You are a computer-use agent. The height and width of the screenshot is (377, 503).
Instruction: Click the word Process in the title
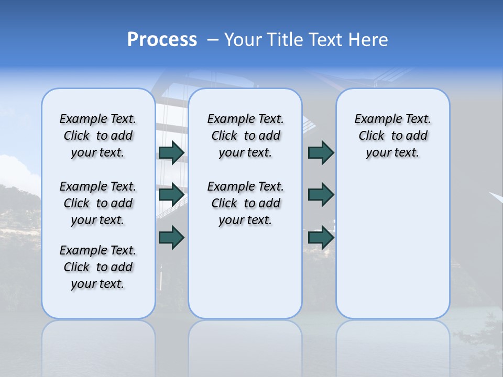tap(162, 39)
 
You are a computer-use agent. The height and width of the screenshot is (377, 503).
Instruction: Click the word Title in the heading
tap(286, 40)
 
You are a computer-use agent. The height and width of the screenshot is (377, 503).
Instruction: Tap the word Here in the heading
tap(367, 40)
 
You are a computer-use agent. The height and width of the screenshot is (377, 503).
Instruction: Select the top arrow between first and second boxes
tap(171, 152)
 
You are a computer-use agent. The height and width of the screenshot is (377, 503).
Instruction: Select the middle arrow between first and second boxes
tap(171, 195)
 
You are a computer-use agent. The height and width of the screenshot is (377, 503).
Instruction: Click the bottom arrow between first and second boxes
tap(171, 238)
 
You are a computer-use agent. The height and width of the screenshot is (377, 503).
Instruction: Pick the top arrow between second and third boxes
tap(321, 152)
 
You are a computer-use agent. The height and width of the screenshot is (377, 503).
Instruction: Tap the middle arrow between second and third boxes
tap(321, 195)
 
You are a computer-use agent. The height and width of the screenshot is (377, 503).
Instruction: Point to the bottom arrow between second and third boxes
tap(321, 238)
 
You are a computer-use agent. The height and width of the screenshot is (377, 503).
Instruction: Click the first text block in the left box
tap(98, 136)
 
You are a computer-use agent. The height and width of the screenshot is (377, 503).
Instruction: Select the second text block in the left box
tap(98, 203)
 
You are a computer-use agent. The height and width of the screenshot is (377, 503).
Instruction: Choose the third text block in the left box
tap(98, 267)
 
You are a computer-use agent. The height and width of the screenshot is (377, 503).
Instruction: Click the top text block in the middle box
tap(245, 136)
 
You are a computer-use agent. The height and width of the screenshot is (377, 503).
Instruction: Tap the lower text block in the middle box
tap(245, 203)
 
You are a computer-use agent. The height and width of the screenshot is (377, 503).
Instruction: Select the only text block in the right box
tap(392, 136)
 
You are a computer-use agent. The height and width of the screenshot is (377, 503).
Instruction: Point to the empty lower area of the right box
tap(392, 246)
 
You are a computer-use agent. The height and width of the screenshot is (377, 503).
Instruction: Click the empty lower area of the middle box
tap(245, 272)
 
